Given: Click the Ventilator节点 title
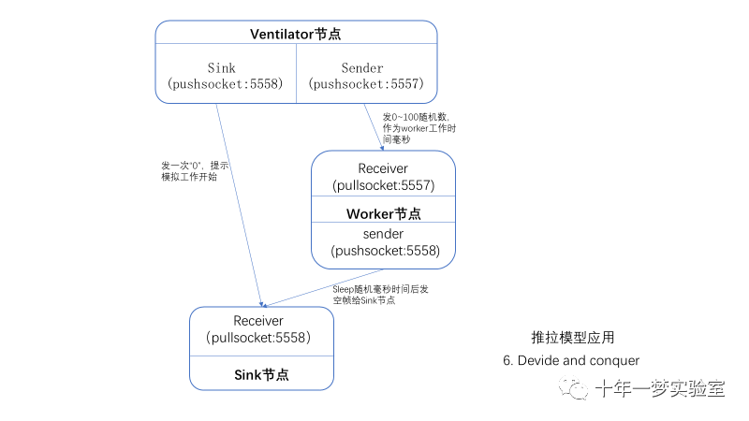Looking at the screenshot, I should tap(295, 34).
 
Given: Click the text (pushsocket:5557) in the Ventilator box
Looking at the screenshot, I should tap(367, 84).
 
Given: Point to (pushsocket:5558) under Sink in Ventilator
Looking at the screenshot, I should tap(225, 84).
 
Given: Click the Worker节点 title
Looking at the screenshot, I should tap(383, 214).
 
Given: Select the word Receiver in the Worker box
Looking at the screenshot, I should tap(383, 168).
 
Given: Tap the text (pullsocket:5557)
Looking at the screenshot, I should tap(383, 186).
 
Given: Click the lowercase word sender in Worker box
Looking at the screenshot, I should tap(383, 233).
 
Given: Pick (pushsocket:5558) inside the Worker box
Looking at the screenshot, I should tap(383, 251).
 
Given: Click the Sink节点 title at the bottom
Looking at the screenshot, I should tap(261, 373).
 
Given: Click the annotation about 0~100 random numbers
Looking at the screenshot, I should tap(422, 127).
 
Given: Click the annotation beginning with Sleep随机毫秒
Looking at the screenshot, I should tap(377, 295).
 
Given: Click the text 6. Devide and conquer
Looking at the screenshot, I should tap(571, 361).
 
